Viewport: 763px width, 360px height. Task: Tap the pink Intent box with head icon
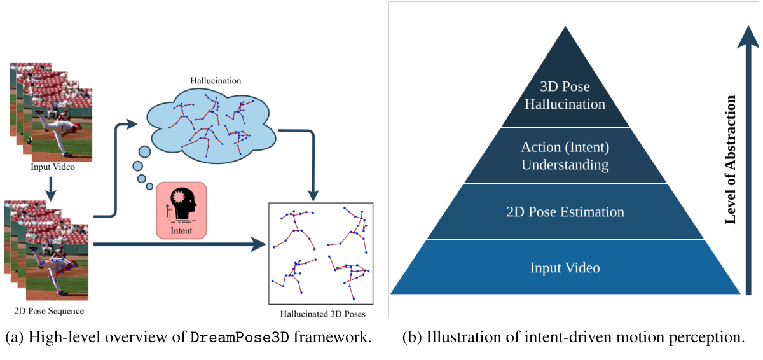point(181,210)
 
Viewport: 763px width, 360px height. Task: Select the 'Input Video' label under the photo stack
point(53,167)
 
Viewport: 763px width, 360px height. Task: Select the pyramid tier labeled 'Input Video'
point(565,268)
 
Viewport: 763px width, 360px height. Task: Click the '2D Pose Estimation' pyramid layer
point(565,212)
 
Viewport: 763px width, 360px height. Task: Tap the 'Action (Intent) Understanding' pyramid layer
point(565,156)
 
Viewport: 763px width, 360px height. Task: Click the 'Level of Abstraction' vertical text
point(731,159)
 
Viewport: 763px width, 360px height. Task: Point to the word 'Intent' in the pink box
point(181,231)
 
